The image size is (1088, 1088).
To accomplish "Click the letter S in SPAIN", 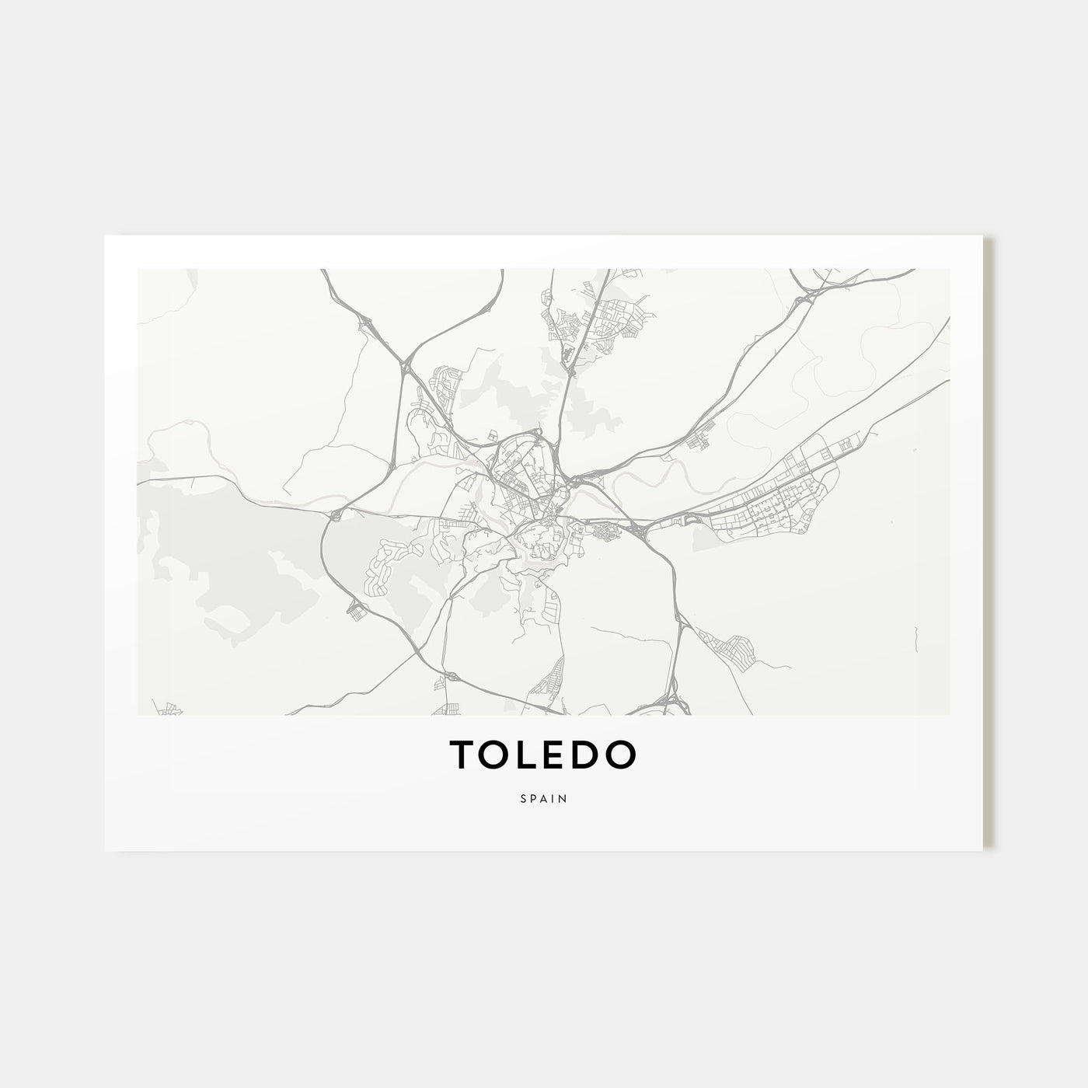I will click(x=524, y=797).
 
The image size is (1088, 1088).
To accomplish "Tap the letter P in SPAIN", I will click(x=534, y=797).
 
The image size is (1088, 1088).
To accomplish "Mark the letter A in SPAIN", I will click(x=544, y=797).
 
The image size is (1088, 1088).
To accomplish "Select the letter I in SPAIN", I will click(x=553, y=797).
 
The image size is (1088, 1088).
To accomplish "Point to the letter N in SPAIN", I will click(x=562, y=797).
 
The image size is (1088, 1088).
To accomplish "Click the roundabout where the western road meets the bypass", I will click(x=335, y=514).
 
